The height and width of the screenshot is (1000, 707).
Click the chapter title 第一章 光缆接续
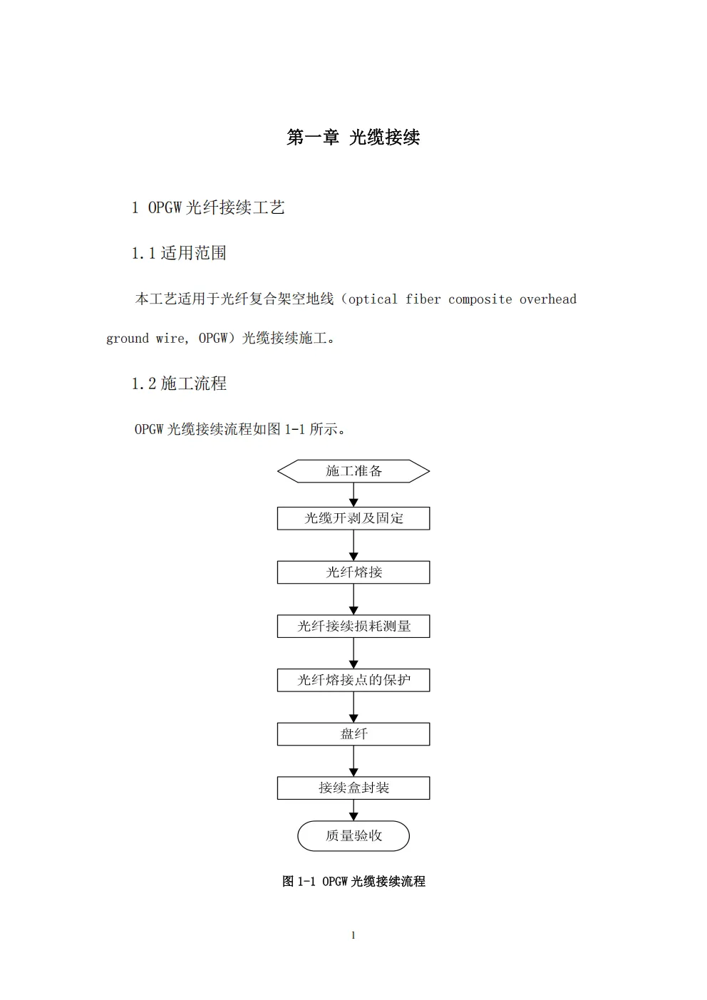[353, 138]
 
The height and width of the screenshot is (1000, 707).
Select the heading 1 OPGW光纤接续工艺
[208, 207]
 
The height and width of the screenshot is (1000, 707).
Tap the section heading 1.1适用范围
[179, 253]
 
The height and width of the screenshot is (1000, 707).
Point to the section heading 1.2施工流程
[179, 383]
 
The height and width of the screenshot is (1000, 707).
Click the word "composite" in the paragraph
[480, 299]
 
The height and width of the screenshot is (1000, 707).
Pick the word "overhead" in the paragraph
[547, 299]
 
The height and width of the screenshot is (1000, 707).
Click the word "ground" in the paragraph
[128, 339]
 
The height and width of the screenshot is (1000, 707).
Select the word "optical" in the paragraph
[373, 299]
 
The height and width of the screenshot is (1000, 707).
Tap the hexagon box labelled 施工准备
[353, 471]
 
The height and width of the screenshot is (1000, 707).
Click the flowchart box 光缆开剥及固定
[353, 518]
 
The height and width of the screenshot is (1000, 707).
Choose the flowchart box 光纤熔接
[353, 572]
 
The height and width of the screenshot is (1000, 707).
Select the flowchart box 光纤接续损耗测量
[353, 627]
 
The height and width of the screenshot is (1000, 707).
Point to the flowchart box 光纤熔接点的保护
[353, 680]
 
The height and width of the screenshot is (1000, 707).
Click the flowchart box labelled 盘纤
[353, 734]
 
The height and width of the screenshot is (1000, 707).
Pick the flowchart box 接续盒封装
[353, 788]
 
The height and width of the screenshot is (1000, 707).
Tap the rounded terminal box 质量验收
[353, 836]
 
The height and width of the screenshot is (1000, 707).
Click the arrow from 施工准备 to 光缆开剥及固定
[353, 495]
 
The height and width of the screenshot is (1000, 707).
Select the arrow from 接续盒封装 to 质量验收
[353, 810]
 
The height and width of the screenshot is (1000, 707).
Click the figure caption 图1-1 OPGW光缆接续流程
[353, 882]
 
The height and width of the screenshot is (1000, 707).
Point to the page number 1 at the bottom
[353, 935]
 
